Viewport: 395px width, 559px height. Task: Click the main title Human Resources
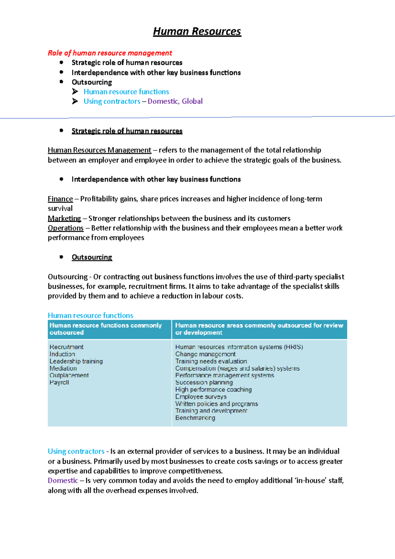click(197, 32)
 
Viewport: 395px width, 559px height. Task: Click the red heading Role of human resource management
click(110, 53)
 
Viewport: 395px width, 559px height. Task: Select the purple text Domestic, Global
click(175, 101)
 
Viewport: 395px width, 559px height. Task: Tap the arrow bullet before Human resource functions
click(75, 92)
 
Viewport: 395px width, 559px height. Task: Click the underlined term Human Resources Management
click(99, 150)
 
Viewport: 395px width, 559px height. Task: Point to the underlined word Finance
click(60, 199)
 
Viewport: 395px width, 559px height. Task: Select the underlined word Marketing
click(64, 219)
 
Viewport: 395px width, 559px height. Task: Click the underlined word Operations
click(66, 228)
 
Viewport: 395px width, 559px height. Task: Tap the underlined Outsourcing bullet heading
click(92, 257)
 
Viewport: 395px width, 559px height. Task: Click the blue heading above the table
click(90, 315)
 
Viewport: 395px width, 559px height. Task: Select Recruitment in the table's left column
click(66, 347)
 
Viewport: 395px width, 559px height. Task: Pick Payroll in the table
click(59, 383)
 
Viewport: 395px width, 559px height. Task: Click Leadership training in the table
click(76, 361)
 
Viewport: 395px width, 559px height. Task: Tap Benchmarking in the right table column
click(195, 418)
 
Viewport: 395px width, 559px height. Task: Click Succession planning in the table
click(204, 383)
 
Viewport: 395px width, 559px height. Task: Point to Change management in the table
click(205, 354)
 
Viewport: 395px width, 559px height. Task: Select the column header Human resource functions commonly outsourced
click(105, 329)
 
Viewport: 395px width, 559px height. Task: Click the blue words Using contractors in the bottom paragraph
click(76, 451)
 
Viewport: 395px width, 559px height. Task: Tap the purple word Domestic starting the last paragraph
click(63, 481)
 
